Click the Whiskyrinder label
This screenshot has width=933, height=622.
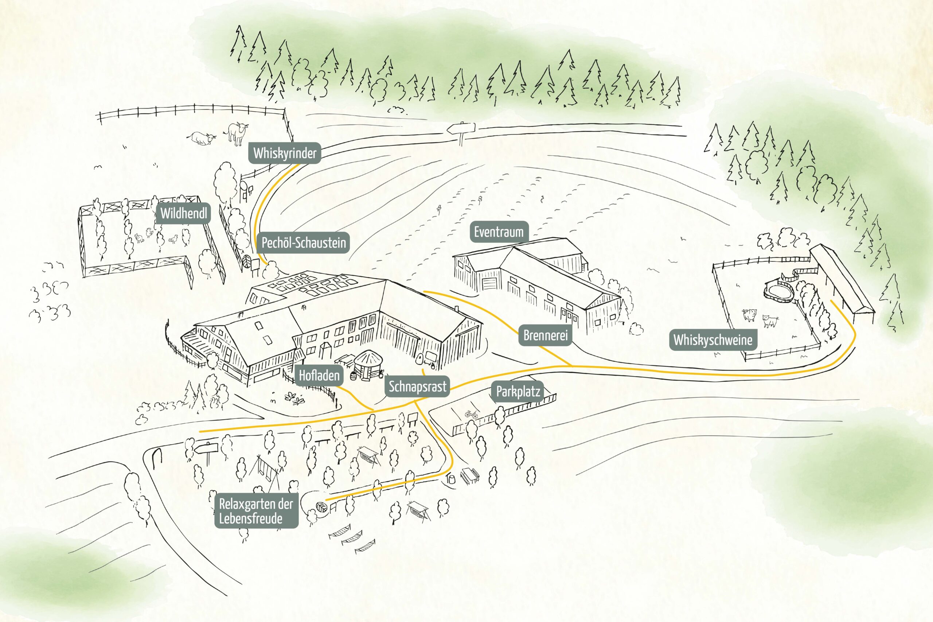point(285,153)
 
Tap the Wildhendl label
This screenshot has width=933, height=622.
point(184,213)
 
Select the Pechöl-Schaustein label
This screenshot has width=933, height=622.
point(303,242)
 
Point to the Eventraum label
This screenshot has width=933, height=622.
point(499,232)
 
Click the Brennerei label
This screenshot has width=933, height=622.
point(545,335)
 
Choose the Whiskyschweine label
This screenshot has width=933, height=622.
point(713,340)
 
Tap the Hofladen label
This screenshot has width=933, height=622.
point(319,375)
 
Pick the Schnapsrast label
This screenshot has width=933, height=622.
point(417,386)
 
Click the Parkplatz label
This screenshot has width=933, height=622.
point(518,392)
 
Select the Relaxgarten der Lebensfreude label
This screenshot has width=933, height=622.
point(256,511)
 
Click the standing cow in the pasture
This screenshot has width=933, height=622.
point(237,134)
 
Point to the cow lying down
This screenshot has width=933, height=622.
point(202,138)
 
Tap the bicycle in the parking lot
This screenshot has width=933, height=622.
point(472,414)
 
